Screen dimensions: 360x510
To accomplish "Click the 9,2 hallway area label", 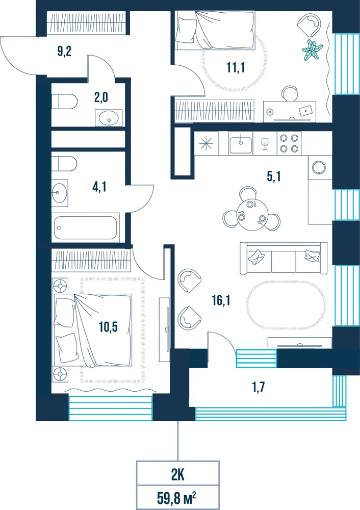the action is click(x=64, y=52).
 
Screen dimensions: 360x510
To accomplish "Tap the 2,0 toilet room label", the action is click(x=101, y=97).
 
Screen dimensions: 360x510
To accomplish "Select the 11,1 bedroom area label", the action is click(x=236, y=67).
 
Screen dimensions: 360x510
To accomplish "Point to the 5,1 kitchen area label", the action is click(x=273, y=176).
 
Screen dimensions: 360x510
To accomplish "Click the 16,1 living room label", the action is click(x=221, y=300).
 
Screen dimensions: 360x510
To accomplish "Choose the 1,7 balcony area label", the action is click(x=259, y=387).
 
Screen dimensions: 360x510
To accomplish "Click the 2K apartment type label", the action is click(x=178, y=475).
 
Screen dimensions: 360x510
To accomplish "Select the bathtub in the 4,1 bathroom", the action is click(x=86, y=227).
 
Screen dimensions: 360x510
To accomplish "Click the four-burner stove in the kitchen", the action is click(x=289, y=143).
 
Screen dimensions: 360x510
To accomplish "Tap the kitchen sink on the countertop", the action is click(x=241, y=143).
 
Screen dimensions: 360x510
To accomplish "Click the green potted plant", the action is click(x=312, y=49).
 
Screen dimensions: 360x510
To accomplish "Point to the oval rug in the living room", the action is click(x=286, y=305).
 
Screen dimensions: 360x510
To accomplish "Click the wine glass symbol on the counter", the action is click(x=265, y=143).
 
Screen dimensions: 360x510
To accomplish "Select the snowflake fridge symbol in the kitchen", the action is click(x=206, y=143).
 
